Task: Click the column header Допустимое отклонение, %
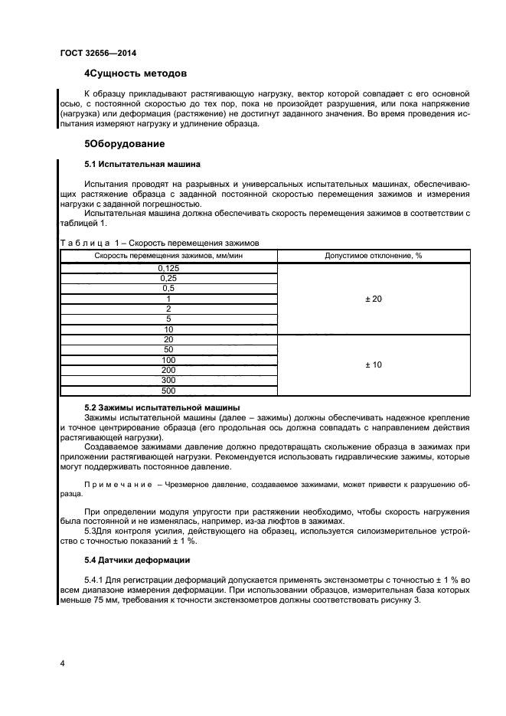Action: click(x=373, y=255)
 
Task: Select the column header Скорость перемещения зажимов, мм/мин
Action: click(x=168, y=255)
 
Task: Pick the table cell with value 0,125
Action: click(x=168, y=268)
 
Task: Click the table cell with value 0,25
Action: click(x=168, y=278)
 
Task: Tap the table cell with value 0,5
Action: click(x=168, y=288)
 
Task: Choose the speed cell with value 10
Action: click(x=168, y=329)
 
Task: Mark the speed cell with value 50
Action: click(x=168, y=349)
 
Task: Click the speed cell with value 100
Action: click(x=168, y=360)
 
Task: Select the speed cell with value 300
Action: click(x=168, y=380)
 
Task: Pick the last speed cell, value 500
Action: click(x=168, y=391)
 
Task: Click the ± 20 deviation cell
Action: click(x=373, y=299)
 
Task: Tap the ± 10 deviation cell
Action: click(x=373, y=365)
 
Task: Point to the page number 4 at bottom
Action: click(x=62, y=662)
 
